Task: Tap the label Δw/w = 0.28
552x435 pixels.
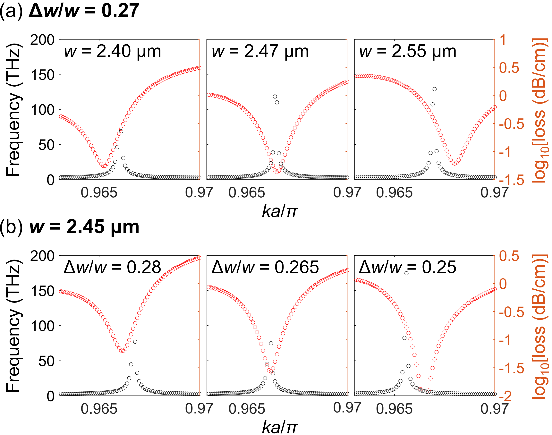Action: coord(112,267)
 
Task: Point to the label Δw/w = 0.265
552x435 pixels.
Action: coord(265,267)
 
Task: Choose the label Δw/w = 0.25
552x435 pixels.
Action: coord(407,267)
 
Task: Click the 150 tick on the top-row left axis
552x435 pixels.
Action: coord(43,75)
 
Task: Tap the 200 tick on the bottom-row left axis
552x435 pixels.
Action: coord(43,256)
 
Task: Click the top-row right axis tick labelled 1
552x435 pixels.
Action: coord(503,40)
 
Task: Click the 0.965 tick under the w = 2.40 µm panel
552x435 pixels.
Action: coord(99,192)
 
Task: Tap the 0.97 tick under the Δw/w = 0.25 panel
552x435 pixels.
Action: coord(494,409)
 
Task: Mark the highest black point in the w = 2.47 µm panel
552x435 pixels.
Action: coord(275,97)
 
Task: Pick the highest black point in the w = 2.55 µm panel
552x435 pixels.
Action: coord(435,89)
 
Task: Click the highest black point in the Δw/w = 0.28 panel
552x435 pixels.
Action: coord(135,342)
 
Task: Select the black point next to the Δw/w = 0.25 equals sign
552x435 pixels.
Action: coord(407,273)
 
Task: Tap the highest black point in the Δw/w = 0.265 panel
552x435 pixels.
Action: coord(271,343)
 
